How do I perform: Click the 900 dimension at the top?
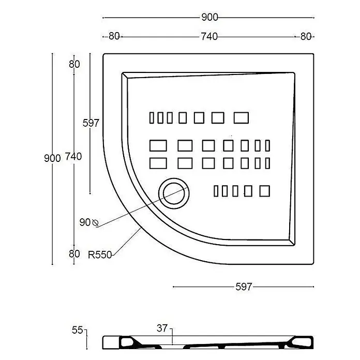(x=209, y=17)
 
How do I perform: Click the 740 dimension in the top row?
(x=209, y=37)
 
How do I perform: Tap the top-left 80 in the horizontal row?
(x=114, y=36)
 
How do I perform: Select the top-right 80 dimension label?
(x=306, y=37)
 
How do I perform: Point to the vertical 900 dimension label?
(x=52, y=158)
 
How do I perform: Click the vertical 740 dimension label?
(x=73, y=156)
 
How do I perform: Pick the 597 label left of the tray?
(x=91, y=123)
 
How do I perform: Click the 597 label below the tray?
(x=244, y=287)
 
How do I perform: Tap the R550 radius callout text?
(x=100, y=255)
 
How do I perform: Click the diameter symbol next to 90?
(x=95, y=223)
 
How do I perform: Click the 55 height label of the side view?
(x=77, y=330)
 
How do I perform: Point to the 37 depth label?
(x=162, y=328)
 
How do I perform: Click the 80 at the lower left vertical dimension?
(x=74, y=254)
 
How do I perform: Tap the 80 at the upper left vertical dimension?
(x=74, y=64)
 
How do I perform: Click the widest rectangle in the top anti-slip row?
(x=241, y=118)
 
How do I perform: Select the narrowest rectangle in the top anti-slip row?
(x=152, y=118)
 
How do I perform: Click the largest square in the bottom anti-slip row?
(x=264, y=191)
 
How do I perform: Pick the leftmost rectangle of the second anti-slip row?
(x=158, y=145)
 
